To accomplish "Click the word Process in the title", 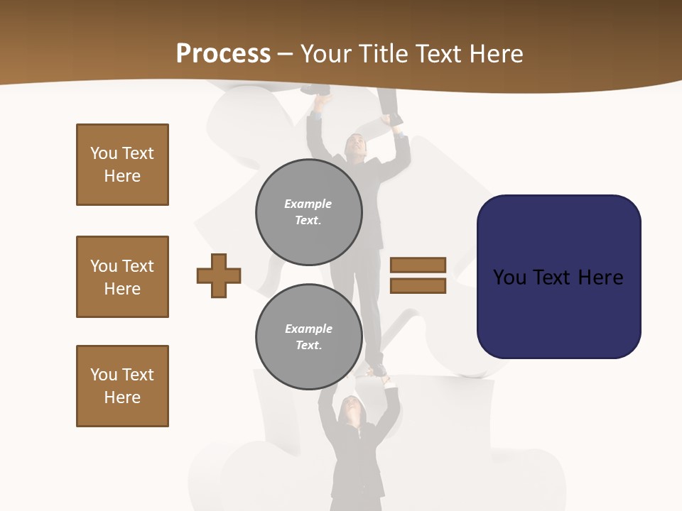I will [223, 54].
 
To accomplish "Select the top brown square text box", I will [122, 165].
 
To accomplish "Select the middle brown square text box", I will [122, 277].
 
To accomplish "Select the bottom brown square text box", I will [122, 386].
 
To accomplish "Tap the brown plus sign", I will [219, 275].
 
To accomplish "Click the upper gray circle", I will [308, 211].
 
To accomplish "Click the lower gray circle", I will [308, 336].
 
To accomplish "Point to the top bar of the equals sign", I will [418, 265].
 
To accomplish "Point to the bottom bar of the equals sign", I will [418, 286].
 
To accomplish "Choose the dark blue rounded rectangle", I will [558, 277].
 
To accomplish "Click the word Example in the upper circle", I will [308, 204].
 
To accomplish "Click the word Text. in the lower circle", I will [308, 345].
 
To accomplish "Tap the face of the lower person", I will [352, 407].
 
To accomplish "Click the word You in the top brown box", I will [104, 153].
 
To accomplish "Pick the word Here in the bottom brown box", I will [122, 397].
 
